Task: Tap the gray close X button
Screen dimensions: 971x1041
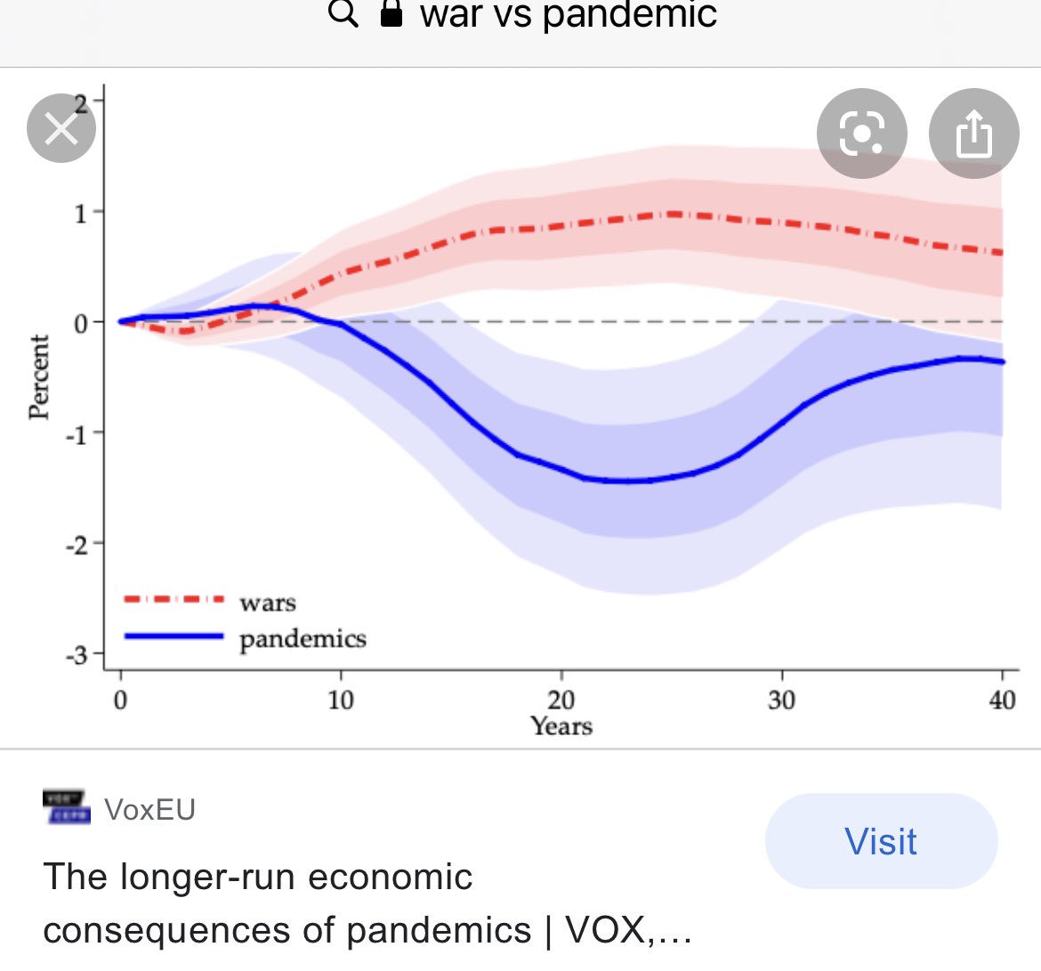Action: click(61, 129)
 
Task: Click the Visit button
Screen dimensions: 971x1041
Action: click(881, 841)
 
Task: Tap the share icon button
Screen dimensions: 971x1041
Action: click(973, 134)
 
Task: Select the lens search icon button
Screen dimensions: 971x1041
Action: click(861, 134)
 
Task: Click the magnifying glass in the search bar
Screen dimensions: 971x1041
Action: click(343, 14)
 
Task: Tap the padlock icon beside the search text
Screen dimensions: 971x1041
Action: click(391, 14)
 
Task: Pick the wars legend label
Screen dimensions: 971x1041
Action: click(268, 603)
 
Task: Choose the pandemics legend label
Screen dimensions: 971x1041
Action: click(303, 639)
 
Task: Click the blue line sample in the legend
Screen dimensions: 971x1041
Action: click(173, 636)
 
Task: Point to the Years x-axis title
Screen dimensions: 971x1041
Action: click(561, 726)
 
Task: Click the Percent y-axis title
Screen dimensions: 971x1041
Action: click(38, 376)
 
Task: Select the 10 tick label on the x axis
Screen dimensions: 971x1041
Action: click(341, 700)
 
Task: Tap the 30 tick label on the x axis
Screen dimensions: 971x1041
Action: click(781, 700)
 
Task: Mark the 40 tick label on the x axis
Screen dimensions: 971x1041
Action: click(1002, 700)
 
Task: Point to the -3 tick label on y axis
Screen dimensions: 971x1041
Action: click(77, 655)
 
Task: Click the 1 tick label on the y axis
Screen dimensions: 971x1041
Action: click(81, 213)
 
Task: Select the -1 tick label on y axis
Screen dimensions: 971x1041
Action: click(77, 434)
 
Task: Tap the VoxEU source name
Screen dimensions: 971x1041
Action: click(149, 809)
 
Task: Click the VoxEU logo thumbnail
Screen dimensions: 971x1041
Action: click(67, 806)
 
